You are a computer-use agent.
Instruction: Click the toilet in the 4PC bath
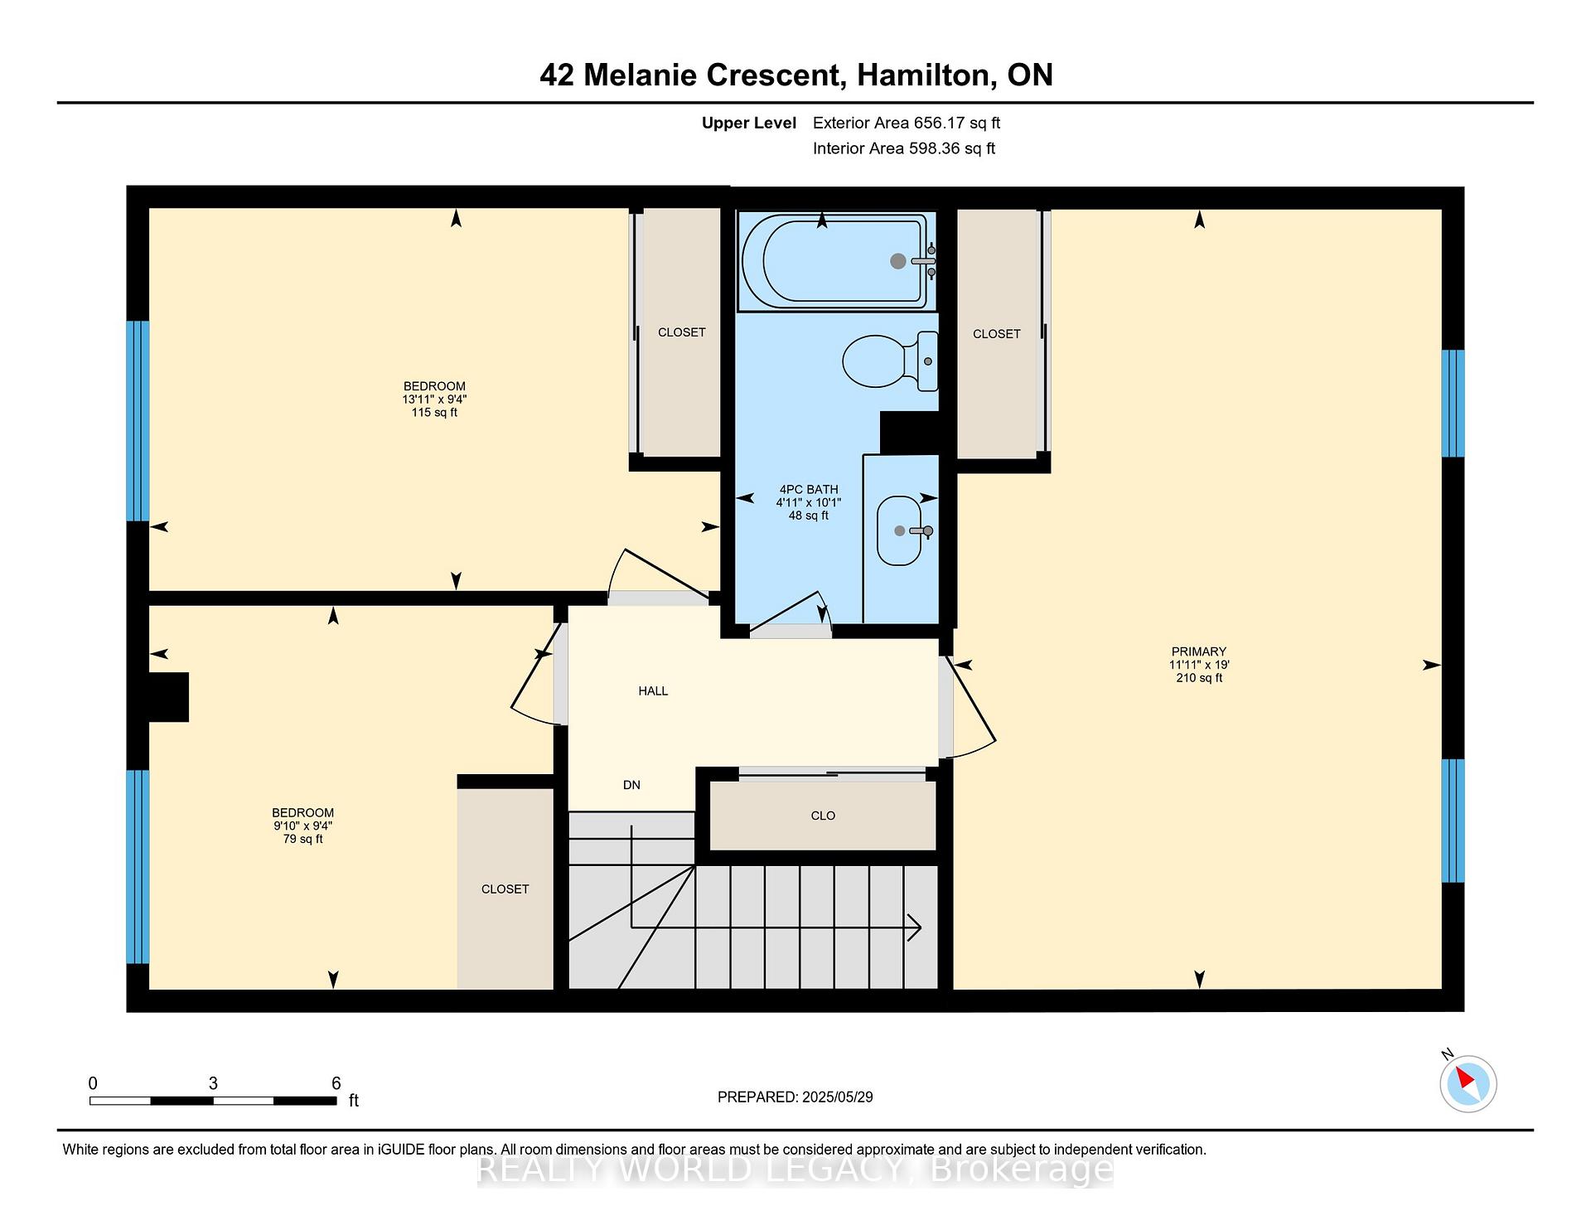click(891, 361)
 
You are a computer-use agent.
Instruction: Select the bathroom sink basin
click(900, 530)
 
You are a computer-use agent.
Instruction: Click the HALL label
click(653, 690)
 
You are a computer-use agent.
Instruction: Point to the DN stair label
click(631, 785)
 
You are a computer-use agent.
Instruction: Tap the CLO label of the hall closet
click(823, 816)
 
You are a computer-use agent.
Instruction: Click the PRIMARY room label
click(1199, 651)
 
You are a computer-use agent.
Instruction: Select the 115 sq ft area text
click(434, 413)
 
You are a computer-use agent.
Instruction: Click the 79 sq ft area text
click(302, 840)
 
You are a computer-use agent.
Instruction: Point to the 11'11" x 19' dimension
click(1199, 665)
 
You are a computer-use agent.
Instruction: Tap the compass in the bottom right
click(1468, 1083)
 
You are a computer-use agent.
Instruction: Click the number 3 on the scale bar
click(213, 1083)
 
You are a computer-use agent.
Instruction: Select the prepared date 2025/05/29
click(838, 1097)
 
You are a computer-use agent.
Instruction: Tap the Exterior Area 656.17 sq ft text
click(907, 123)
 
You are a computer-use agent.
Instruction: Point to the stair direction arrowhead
click(915, 927)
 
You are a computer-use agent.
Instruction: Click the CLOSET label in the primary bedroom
click(996, 334)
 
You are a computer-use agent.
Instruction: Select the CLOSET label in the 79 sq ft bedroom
click(505, 889)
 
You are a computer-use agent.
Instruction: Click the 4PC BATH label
click(809, 490)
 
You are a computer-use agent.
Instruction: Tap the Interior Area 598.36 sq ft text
click(904, 149)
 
